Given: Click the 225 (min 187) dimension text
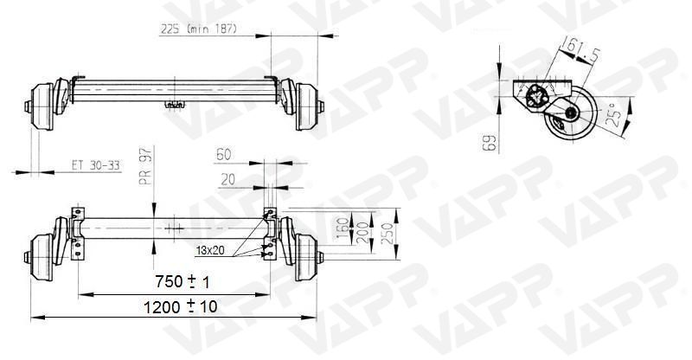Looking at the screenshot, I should [x=199, y=28].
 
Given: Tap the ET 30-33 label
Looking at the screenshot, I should [x=95, y=164].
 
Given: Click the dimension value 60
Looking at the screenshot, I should [x=223, y=155].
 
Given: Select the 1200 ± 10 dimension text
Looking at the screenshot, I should [x=182, y=306].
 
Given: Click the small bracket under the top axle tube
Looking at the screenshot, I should [x=176, y=105].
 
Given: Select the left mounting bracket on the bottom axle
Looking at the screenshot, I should [x=78, y=234].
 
